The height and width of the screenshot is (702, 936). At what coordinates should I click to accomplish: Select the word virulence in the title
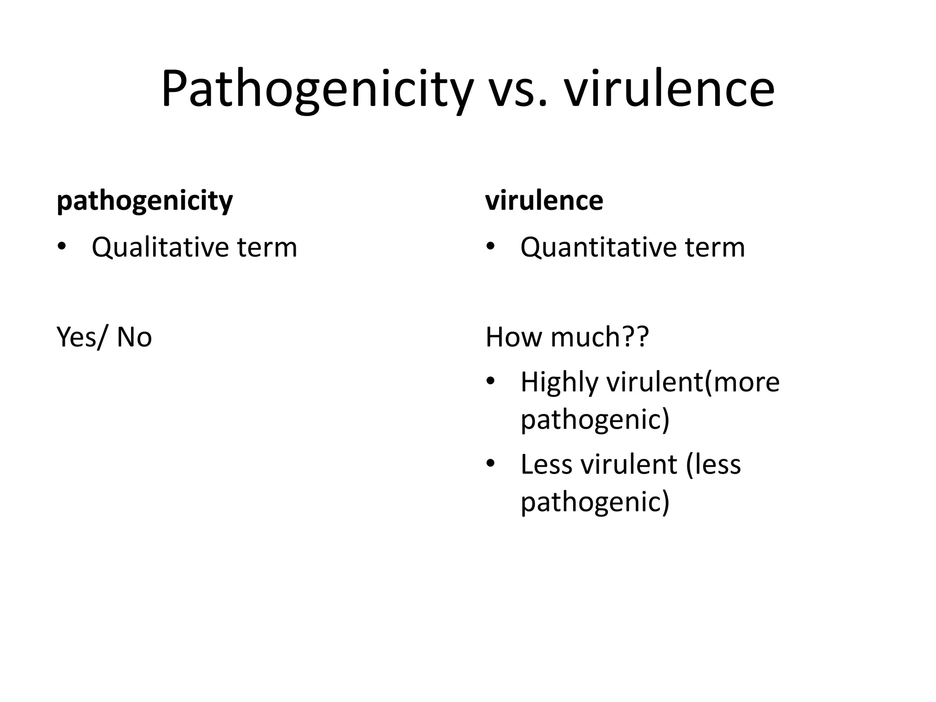669,89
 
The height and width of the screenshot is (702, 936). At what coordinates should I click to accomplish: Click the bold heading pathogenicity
144,201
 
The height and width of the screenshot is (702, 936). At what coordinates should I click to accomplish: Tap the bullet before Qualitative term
62,247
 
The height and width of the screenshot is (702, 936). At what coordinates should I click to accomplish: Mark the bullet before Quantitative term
490,247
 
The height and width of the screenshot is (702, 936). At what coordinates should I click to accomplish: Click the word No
134,337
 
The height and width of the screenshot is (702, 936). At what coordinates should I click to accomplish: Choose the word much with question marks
600,337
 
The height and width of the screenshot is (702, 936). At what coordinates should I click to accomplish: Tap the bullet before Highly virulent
490,381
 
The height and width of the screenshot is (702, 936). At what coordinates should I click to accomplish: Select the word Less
546,464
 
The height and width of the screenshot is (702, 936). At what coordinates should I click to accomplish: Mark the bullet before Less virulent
490,463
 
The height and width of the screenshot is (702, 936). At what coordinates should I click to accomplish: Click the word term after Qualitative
267,248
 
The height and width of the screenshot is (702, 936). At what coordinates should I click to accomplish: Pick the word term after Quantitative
715,248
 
